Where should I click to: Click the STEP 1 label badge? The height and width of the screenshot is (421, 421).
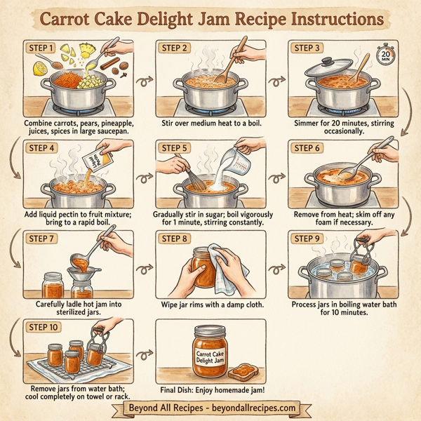(x=40, y=48)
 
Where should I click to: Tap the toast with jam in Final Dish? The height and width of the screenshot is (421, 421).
(x=243, y=369)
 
